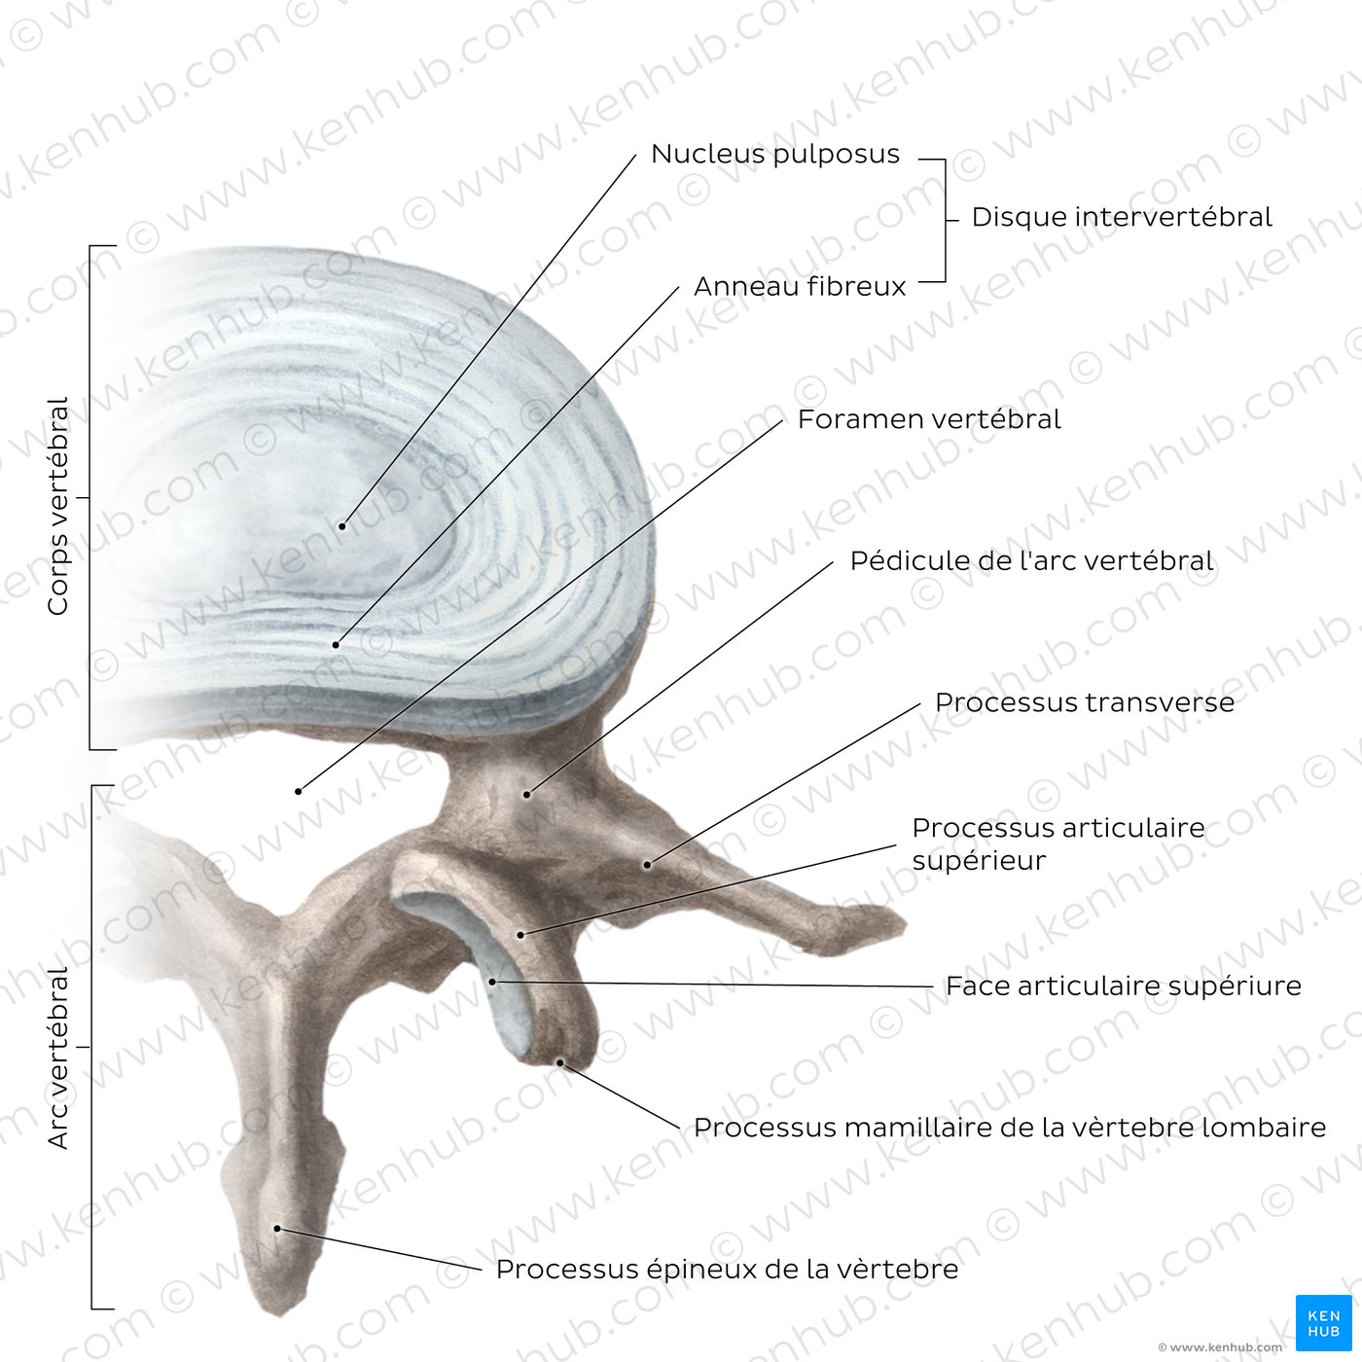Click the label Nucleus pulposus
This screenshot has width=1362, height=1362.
[774, 154]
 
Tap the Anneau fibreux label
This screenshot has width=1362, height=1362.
[800, 286]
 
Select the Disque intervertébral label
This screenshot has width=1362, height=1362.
[1122, 217]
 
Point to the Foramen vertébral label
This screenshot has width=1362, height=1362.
[929, 419]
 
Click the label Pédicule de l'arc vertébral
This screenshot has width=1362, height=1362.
[1031, 560]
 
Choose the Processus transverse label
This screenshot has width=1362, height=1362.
[1084, 701]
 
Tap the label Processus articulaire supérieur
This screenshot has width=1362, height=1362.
[1058, 843]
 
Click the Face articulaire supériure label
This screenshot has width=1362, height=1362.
[1123, 986]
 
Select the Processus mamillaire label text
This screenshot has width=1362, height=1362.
[1009, 1128]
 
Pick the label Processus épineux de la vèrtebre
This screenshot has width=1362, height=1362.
[727, 1269]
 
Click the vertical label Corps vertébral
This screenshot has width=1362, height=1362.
[57, 505]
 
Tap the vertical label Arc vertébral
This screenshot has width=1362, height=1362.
[57, 1058]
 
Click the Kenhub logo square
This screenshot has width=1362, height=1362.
[1323, 1323]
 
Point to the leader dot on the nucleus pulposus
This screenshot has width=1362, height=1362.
[342, 526]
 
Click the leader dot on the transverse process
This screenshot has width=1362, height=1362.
[647, 865]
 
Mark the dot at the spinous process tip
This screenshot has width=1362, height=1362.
[278, 1229]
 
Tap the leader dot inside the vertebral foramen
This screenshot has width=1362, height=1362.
[299, 791]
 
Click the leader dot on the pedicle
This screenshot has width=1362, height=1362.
[526, 795]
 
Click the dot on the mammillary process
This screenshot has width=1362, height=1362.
[559, 1062]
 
